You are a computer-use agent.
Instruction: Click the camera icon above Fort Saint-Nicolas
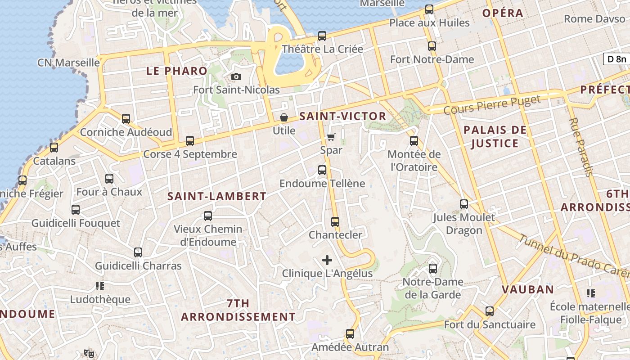tap(236, 77)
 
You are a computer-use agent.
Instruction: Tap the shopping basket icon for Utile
tap(284, 118)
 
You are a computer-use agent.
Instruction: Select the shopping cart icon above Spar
tap(331, 137)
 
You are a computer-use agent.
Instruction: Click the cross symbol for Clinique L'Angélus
tap(327, 260)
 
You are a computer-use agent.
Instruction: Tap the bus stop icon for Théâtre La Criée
tap(322, 36)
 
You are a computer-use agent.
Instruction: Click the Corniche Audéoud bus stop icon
tap(126, 119)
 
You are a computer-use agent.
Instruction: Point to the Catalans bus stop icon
tap(54, 148)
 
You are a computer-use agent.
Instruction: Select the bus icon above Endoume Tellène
tap(322, 170)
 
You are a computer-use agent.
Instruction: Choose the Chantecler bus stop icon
tap(335, 222)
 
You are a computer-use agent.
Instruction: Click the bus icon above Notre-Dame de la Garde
tap(433, 269)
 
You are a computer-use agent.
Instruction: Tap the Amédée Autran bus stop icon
tap(350, 334)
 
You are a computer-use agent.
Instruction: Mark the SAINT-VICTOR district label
tap(343, 116)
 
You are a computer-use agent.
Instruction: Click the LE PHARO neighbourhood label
tap(177, 71)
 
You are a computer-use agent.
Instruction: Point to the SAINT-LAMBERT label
tap(217, 196)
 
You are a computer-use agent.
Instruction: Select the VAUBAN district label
tap(528, 289)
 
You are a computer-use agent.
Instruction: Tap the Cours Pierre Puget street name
tap(491, 105)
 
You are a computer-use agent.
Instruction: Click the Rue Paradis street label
tap(581, 147)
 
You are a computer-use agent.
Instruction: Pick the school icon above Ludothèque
tap(100, 286)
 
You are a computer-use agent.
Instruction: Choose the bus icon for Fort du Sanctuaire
tap(490, 311)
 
